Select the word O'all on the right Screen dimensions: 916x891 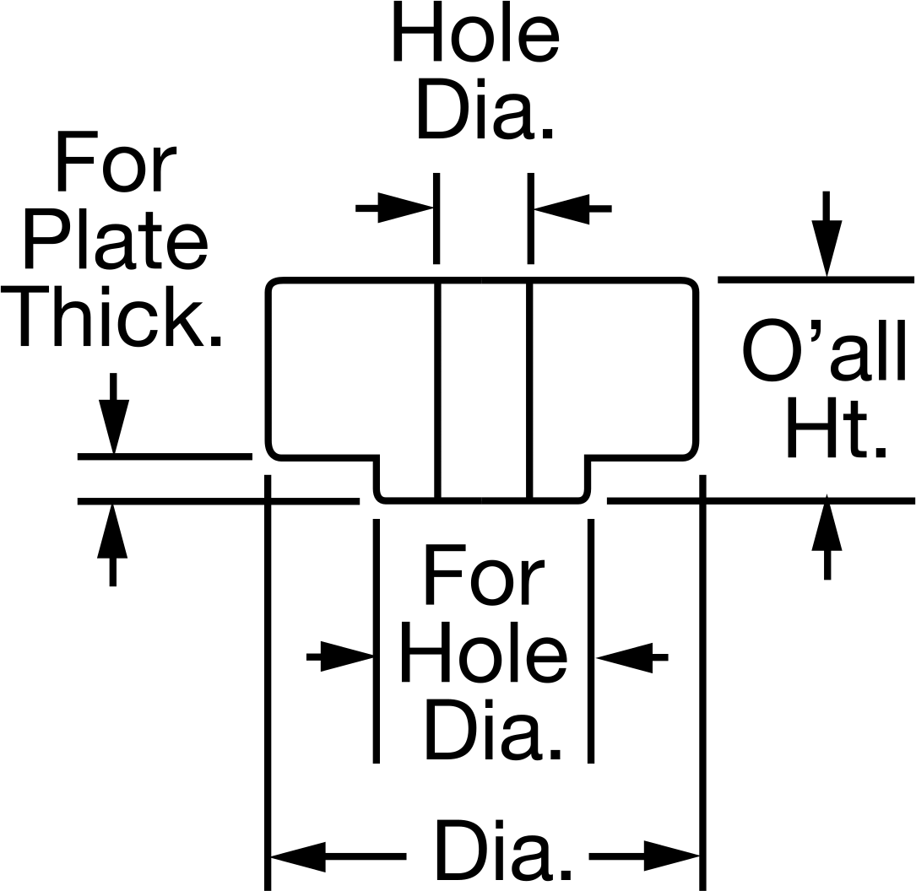click(x=824, y=350)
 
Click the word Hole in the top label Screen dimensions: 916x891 click(x=475, y=31)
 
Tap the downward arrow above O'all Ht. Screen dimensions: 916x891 click(x=827, y=234)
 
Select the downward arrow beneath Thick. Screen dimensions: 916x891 click(x=113, y=413)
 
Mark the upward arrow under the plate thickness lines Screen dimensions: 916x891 click(x=113, y=544)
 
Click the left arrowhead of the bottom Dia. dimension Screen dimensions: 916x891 click(x=298, y=856)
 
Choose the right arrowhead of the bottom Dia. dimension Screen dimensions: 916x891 click(x=672, y=856)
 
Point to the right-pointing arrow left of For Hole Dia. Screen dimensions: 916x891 click(x=340, y=657)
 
